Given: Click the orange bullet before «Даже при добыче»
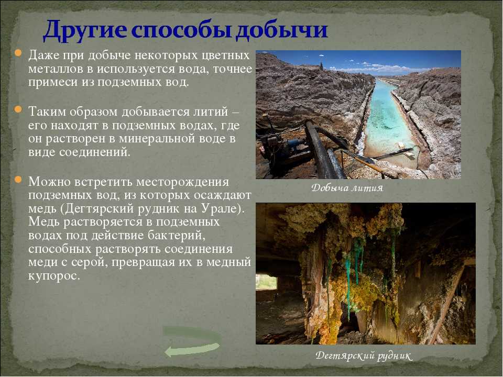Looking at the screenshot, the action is coord(18,52).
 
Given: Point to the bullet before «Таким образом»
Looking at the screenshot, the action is coord(18,109).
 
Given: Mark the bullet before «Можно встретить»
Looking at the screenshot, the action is coord(18,179).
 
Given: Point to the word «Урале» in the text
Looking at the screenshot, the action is coord(221,209).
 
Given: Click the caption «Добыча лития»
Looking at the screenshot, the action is coord(347,188).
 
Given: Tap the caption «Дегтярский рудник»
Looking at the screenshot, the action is coord(363,356).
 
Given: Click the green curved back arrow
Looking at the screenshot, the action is coord(192,341).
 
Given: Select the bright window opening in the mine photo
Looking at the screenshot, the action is coord(267,282).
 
